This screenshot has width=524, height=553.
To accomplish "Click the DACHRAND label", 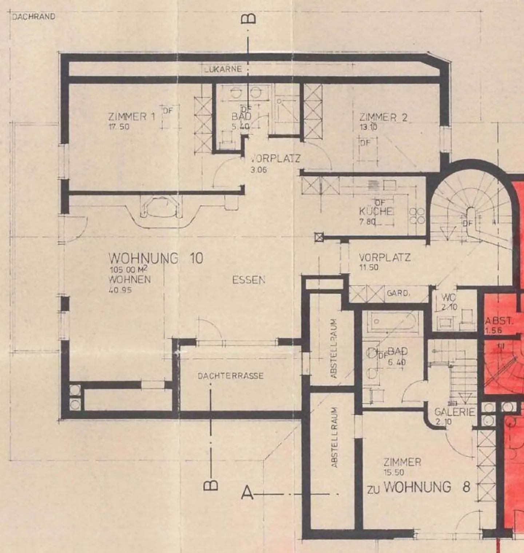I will pos(33,17).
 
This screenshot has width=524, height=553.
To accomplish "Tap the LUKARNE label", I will pos(223,69).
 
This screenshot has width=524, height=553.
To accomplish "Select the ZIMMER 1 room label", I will pos(131,117).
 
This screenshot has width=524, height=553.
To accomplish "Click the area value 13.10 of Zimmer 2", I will pos(368,127).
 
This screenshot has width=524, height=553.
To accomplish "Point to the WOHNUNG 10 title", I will pos(156,258).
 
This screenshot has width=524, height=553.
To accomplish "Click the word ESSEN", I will pos(249,280).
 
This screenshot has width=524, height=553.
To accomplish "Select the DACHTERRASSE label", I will pos(230,376).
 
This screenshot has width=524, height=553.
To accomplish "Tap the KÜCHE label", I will pos(376,211).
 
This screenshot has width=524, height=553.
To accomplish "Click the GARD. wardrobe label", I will pos(398,293).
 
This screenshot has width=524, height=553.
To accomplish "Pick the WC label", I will pos(448,298).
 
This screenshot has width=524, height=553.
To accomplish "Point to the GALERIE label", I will pos(454,412).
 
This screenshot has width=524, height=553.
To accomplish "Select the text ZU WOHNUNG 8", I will pos(418,487).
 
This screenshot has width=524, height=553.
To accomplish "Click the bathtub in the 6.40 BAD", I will pos(393,321).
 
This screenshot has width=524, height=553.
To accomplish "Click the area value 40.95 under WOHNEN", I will pos(120,290).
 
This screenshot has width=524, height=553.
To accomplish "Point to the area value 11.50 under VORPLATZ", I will pos(369,267).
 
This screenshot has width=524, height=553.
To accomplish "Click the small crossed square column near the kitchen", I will pos(319,238).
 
